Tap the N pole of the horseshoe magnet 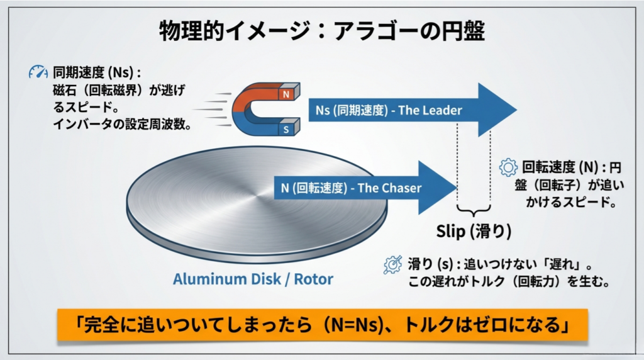point(287,96)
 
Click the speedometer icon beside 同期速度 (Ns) point(38,73)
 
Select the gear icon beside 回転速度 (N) point(508,167)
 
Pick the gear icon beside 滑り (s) point(392,264)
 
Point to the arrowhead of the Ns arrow point(496,110)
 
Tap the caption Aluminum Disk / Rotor point(253,279)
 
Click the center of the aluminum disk point(257,201)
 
